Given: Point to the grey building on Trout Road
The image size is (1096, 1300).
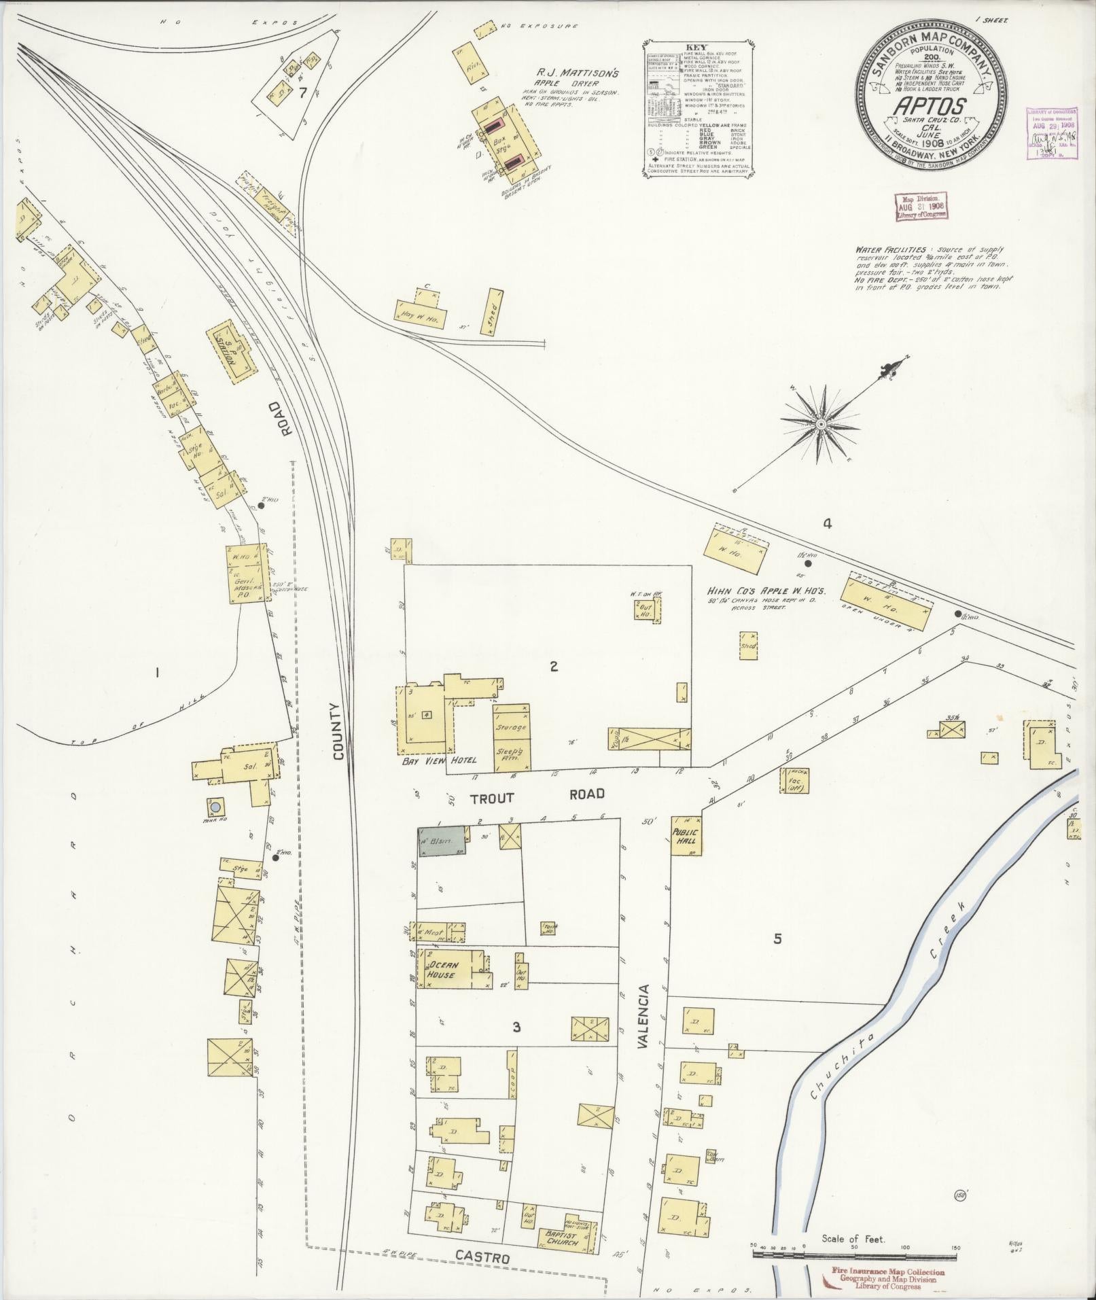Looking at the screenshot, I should [442, 841].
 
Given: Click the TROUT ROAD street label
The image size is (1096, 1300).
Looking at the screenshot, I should [537, 796].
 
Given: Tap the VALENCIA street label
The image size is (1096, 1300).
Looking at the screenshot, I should [643, 1019].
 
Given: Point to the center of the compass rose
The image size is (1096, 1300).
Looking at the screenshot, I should [821, 424].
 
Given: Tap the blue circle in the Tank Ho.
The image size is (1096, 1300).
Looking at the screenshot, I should [215, 807].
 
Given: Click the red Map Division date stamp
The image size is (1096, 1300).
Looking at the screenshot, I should [921, 206].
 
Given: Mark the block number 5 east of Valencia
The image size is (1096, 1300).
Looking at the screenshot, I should [777, 939].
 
